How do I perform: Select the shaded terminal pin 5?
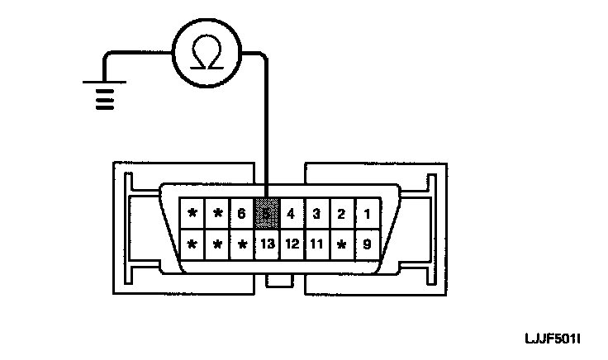tap(266, 214)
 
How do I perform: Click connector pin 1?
tap(366, 214)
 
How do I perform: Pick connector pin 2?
tap(340, 214)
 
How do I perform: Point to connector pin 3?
tap(316, 214)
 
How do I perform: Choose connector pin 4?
tap(291, 214)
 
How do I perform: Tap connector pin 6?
tap(241, 214)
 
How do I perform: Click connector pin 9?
tap(366, 244)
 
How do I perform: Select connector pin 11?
tap(316, 244)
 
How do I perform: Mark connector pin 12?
tap(291, 244)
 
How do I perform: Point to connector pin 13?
tap(266, 244)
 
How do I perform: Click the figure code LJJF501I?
tap(553, 339)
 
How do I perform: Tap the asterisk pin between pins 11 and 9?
tap(340, 245)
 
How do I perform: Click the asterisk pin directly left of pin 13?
tap(241, 245)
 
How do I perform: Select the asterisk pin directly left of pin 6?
tap(217, 214)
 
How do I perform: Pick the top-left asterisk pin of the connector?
tap(192, 214)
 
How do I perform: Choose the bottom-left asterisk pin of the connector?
tap(192, 245)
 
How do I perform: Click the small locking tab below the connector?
tap(279, 281)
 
